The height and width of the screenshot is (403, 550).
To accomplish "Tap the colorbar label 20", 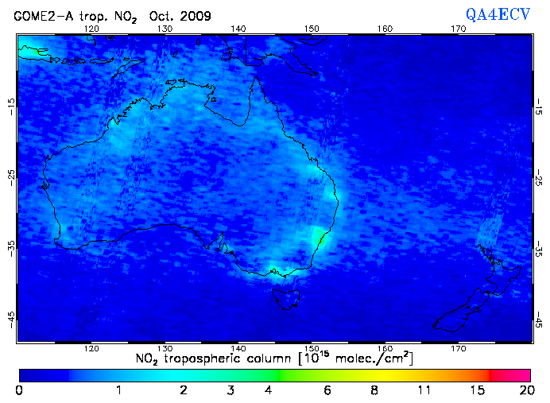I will (x=525, y=391).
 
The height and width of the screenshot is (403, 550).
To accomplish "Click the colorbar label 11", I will (x=424, y=391).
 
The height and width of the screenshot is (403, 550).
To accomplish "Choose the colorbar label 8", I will (x=374, y=391).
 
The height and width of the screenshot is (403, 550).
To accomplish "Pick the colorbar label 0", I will (x=19, y=391).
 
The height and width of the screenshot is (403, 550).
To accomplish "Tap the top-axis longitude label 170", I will (x=459, y=29).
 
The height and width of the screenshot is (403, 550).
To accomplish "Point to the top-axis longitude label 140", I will (x=238, y=29).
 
